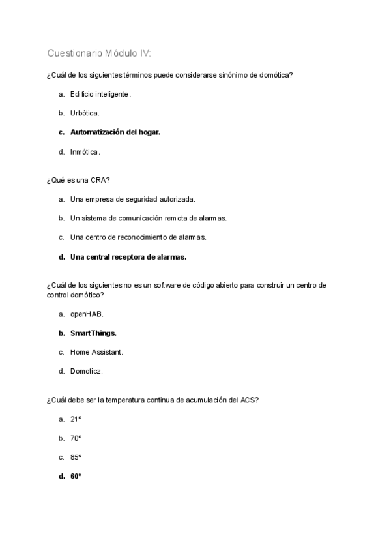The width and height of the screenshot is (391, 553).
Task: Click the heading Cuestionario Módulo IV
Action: point(99,53)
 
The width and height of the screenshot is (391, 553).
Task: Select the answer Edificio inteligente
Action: point(100,94)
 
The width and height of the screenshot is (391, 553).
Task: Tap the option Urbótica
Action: point(85,113)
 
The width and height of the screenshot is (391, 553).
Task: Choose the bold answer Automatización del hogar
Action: point(115,132)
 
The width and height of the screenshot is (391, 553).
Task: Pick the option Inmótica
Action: point(85,152)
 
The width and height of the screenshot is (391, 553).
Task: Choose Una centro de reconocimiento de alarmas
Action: point(138,237)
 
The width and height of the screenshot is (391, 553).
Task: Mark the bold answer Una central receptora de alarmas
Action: point(128,257)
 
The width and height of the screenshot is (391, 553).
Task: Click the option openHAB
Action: point(87,314)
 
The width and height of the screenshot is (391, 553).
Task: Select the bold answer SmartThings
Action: point(93,333)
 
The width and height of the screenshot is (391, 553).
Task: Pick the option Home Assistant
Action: point(96,352)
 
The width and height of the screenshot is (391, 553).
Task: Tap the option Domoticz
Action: point(86,372)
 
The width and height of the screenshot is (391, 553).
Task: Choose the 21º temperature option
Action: point(76,419)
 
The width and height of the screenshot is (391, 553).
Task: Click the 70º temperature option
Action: point(76,438)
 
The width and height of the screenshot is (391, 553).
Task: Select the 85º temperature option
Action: point(76,457)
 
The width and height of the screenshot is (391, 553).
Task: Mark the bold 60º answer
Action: point(76,477)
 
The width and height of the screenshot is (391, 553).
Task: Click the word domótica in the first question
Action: point(274,75)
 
